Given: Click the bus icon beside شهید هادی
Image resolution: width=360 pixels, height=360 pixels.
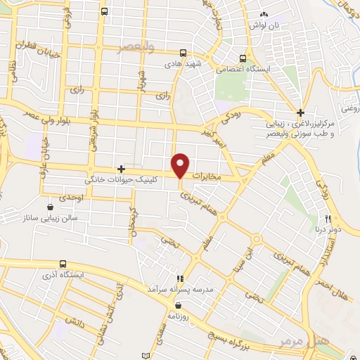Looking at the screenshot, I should (x=183, y=53).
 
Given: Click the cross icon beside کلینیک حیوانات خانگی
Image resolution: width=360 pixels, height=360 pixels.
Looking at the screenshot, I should (x=122, y=169).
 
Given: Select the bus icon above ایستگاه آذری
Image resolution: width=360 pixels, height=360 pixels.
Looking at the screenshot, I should (x=64, y=263).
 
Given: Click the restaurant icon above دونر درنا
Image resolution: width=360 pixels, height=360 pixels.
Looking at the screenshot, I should (x=327, y=219).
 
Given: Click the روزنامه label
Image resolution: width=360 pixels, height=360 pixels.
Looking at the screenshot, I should (x=181, y=316).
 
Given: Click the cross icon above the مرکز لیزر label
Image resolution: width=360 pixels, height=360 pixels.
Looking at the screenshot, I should (x=300, y=112).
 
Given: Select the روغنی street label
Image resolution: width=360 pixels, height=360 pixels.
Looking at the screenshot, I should (x=349, y=108).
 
